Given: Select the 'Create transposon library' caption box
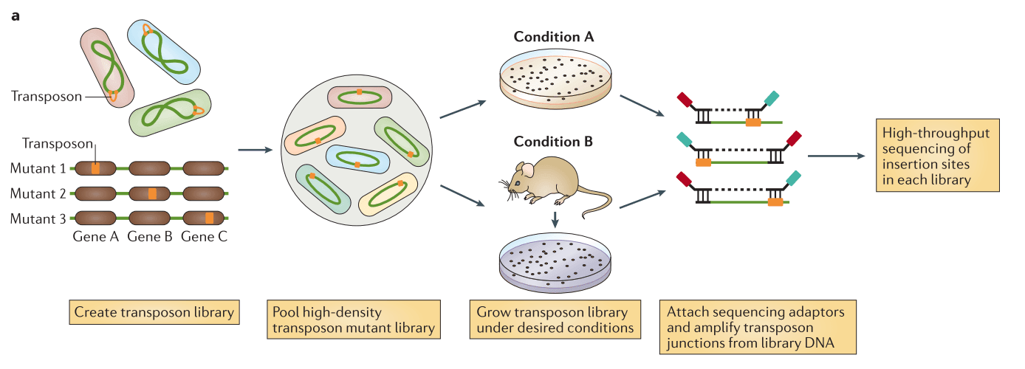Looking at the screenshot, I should (154, 312).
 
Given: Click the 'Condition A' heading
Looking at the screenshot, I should (554, 36).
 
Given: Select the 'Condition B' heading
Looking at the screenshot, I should (554, 141).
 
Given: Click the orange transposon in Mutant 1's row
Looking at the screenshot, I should (95, 168).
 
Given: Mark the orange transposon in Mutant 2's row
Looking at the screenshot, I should (152, 193).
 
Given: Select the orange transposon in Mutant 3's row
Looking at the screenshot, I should (209, 218).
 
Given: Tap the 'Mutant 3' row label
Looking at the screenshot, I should (38, 218).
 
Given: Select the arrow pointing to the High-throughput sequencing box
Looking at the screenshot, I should (836, 156).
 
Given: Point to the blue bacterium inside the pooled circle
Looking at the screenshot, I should (357, 159).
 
